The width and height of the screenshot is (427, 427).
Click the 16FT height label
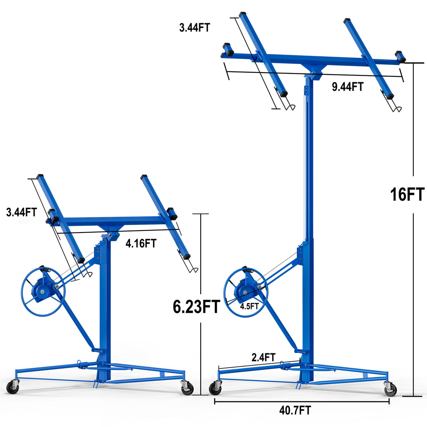[x=407, y=194]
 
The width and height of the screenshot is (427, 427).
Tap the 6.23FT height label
[x=196, y=307]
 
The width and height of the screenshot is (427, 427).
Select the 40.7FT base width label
[x=295, y=410]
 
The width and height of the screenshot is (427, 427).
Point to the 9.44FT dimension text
[x=347, y=87]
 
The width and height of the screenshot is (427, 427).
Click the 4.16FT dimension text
[x=141, y=243]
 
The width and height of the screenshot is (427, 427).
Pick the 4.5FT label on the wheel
[x=249, y=306]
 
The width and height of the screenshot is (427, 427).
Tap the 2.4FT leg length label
[x=264, y=357]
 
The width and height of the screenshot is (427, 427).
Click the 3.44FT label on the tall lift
[x=194, y=28]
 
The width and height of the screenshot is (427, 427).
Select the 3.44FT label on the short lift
[x=21, y=212]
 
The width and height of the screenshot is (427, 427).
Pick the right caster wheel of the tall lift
[x=390, y=389]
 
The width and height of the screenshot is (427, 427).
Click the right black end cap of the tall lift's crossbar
[x=400, y=57]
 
